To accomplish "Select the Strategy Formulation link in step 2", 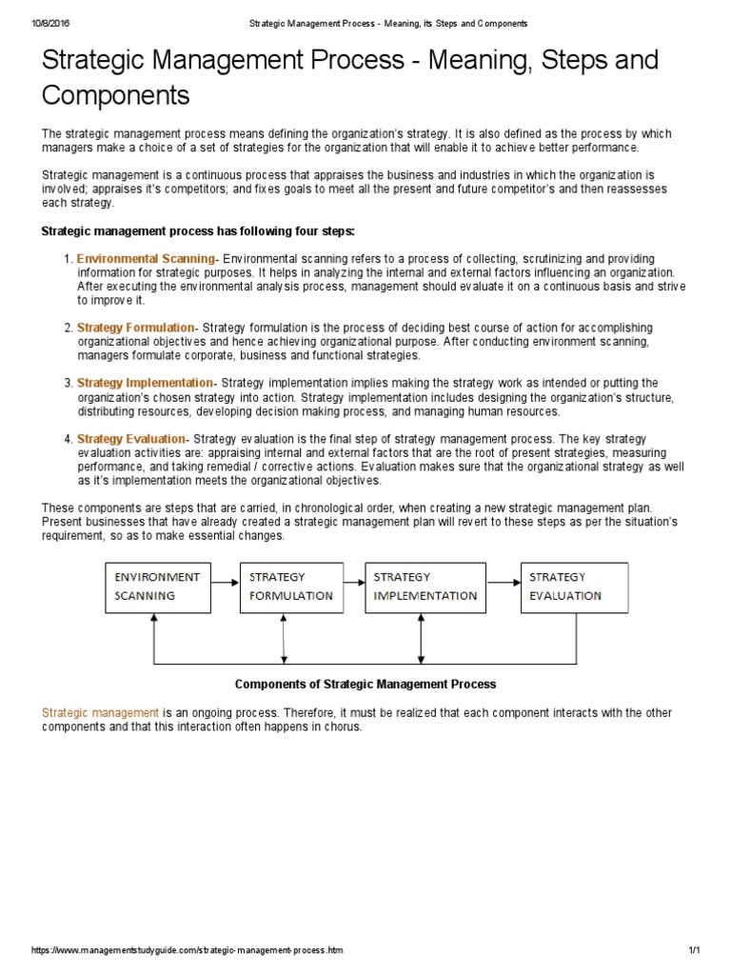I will coord(135,328).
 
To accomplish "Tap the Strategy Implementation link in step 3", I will coord(145,383).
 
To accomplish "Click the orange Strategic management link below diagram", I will coord(100,712).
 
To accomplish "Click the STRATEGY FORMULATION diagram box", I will coord(290,587).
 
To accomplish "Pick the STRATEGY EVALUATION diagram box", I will coord(574,587).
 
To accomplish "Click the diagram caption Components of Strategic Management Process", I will coord(365,684).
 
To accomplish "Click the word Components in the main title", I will coord(116,96).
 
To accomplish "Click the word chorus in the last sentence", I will coord(343,726).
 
